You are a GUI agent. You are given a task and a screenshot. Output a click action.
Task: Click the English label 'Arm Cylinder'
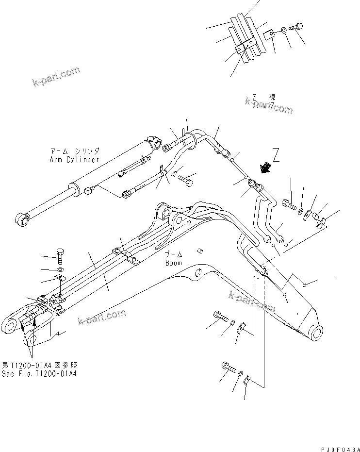coord(74,160)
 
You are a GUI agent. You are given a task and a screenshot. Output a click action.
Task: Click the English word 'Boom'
coord(173,263)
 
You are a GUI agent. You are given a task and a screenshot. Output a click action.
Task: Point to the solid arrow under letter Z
coord(266,167)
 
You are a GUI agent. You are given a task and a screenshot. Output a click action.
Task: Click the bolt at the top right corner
coord(297,27)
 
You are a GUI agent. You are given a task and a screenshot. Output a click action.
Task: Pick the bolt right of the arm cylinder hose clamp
coord(187,181)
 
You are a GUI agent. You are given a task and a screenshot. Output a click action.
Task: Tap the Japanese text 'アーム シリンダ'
coord(74,151)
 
